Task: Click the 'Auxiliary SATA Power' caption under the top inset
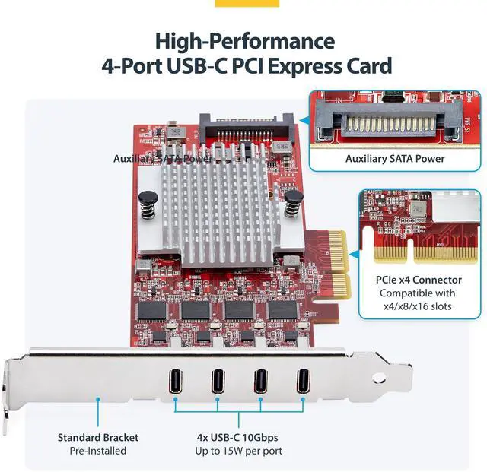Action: click(395, 158)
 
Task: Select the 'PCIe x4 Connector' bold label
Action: click(416, 279)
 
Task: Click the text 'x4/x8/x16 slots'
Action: click(416, 306)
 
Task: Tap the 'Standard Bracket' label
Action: click(98, 437)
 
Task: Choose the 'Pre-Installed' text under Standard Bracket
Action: click(98, 451)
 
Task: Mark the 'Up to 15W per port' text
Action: click(240, 451)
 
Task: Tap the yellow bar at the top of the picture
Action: click(247, 3)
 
